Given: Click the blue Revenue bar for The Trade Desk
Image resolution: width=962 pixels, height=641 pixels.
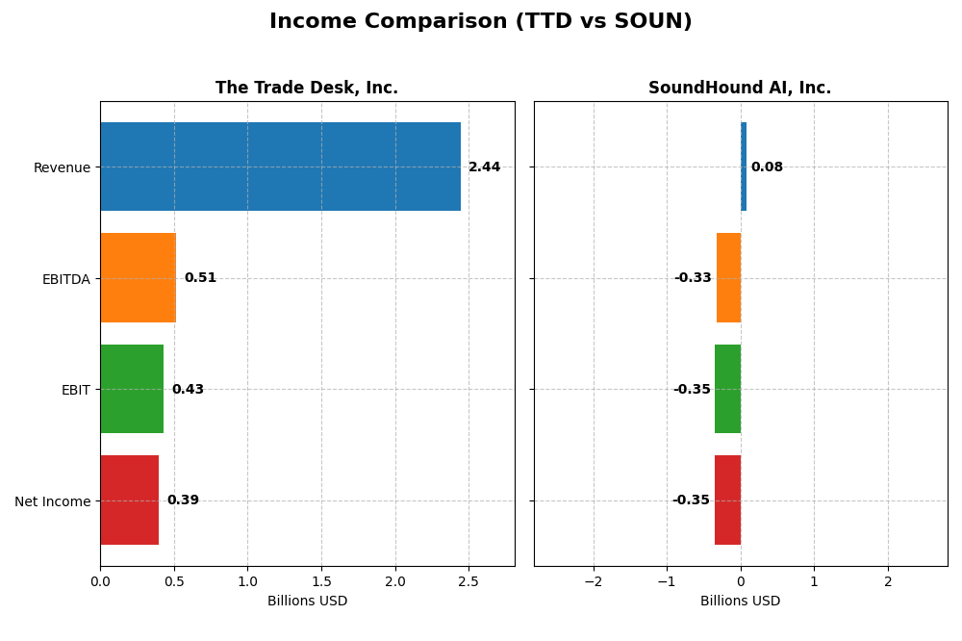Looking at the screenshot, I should coord(280,167).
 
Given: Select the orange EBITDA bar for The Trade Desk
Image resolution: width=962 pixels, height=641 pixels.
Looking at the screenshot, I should coord(138,277).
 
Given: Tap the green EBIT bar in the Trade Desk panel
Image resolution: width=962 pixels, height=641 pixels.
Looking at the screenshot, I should coord(132,389).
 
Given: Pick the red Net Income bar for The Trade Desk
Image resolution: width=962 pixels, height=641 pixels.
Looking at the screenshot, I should coord(129,500).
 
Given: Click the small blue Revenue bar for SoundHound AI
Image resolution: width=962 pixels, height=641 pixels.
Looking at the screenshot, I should coord(744,167).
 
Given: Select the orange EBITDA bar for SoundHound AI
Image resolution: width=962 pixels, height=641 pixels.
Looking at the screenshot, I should coord(728,277).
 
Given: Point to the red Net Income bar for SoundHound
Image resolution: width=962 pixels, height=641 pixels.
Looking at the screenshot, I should coord(727,500).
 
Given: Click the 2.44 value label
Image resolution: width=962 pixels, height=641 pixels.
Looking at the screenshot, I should coord(484,167).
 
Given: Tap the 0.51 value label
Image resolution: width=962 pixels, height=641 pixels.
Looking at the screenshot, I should coord(200,278).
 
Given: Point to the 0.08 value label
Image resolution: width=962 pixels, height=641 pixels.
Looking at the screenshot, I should coord(767,167).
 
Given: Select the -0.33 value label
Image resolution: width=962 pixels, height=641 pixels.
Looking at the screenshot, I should coord(693,278).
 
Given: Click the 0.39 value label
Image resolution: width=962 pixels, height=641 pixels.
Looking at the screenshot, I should coord(183,500).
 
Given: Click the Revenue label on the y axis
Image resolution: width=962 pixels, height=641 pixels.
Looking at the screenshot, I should coord(62,167).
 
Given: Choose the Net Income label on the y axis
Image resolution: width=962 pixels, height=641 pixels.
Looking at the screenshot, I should coord(52,501).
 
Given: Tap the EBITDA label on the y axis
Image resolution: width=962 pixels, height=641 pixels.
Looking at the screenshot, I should coord(65,279).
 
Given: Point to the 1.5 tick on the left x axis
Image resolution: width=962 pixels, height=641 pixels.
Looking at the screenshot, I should coord(321,581).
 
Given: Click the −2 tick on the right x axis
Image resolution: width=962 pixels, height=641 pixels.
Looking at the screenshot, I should coord(593,581).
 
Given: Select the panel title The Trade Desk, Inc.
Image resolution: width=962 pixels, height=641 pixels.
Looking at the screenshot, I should coord(307,89).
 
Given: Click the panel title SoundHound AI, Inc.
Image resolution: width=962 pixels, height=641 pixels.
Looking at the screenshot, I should coord(740,89).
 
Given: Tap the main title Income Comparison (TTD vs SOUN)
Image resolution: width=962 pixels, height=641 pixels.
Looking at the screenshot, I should coord(480,22).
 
